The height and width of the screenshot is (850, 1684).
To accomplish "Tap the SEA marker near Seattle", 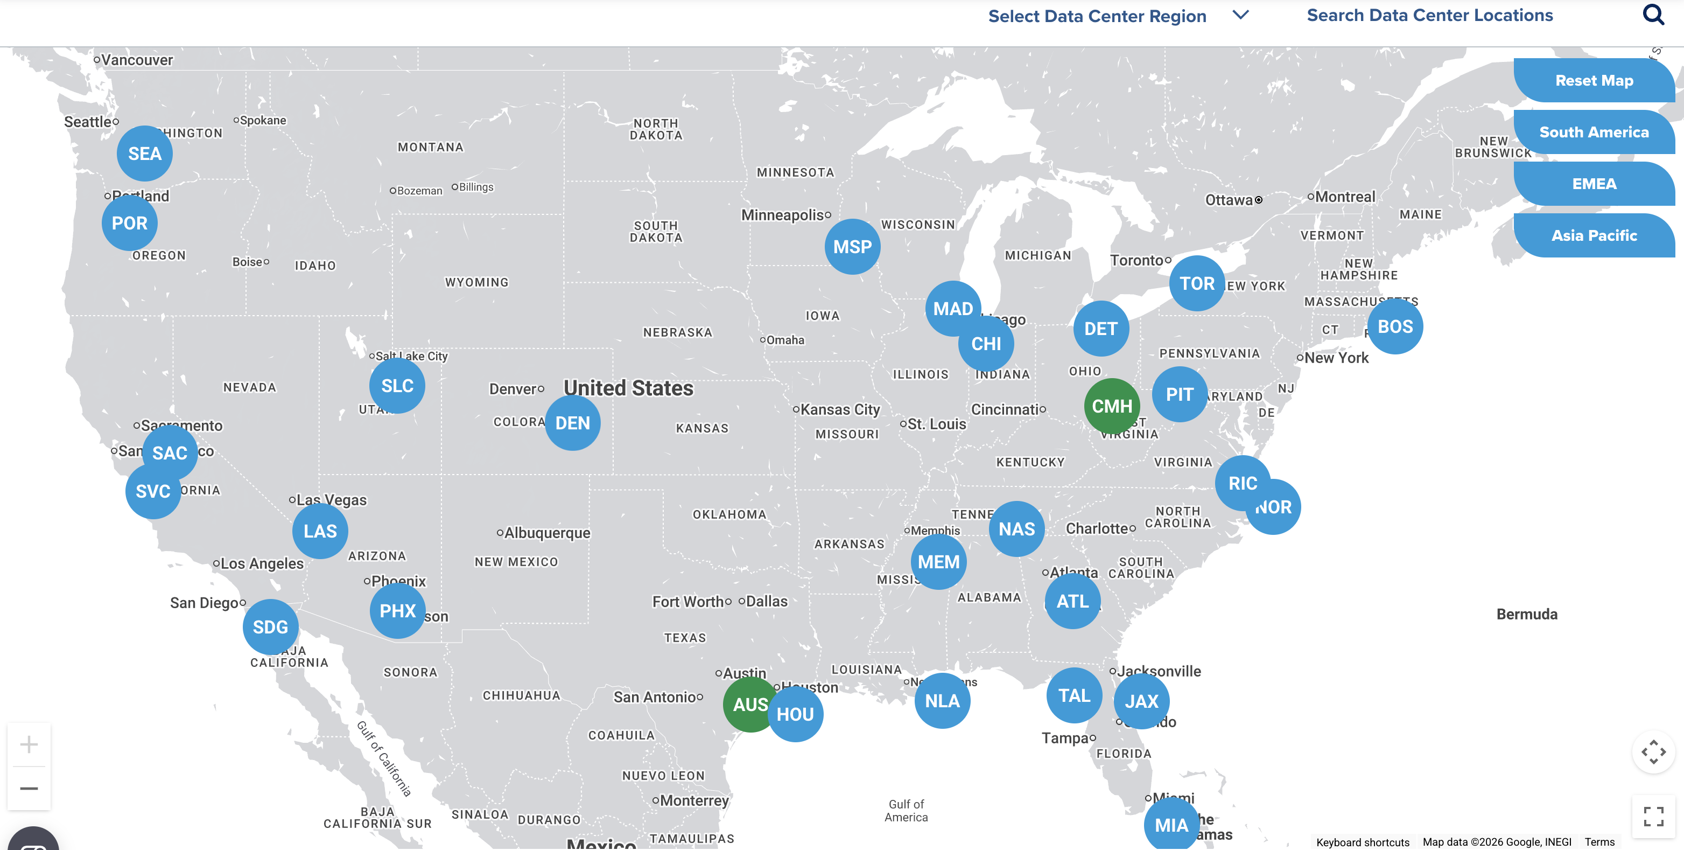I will (x=144, y=154).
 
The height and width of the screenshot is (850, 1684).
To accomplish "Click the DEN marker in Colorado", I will (x=573, y=423).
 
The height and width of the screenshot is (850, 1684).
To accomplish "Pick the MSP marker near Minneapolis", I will (x=852, y=247).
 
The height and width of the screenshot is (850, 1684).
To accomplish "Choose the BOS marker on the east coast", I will (x=1395, y=326).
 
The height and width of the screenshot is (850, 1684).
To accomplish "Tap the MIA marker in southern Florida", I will (x=1171, y=825).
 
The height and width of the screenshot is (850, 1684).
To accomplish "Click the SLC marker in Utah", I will (x=397, y=386).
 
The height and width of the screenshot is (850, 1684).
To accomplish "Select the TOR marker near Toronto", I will (x=1197, y=283).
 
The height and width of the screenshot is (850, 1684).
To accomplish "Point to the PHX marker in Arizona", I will (x=397, y=611).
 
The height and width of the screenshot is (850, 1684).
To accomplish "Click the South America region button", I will (x=1594, y=132).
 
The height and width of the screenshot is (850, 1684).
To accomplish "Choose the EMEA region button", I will (x=1594, y=184).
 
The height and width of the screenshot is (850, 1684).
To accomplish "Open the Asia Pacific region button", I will (x=1594, y=235).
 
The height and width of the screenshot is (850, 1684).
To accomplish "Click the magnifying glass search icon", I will (x=1653, y=15).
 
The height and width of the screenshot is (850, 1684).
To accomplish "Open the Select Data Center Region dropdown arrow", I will (x=1240, y=15).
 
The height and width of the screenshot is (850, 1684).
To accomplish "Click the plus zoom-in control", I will (x=29, y=744).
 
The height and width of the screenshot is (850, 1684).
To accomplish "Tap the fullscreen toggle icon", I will (x=1653, y=816).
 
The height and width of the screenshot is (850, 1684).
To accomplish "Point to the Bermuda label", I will (x=1526, y=614).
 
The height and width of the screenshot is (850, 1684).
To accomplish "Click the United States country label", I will (x=628, y=388).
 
